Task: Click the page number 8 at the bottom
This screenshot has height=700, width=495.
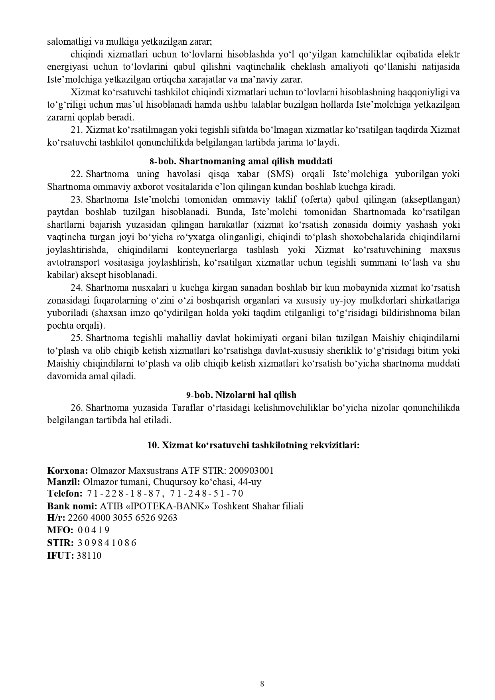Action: click(262, 684)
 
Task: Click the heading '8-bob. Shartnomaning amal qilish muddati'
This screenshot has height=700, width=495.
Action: click(241, 161)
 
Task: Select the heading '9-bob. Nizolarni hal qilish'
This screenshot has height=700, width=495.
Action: click(241, 395)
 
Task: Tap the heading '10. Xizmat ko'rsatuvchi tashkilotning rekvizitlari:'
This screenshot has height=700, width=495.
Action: click(253, 445)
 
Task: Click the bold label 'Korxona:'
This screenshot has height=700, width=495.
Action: click(67, 470)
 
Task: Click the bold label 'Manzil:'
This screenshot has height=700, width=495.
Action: click(63, 482)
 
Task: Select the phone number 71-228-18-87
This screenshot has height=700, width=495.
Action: click(123, 494)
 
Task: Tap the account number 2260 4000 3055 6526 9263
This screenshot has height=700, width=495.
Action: click(123, 518)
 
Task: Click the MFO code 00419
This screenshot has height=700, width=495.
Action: click(93, 530)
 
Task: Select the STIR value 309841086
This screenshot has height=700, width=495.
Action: click(107, 543)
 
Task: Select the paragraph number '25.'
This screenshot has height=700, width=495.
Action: click(77, 338)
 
